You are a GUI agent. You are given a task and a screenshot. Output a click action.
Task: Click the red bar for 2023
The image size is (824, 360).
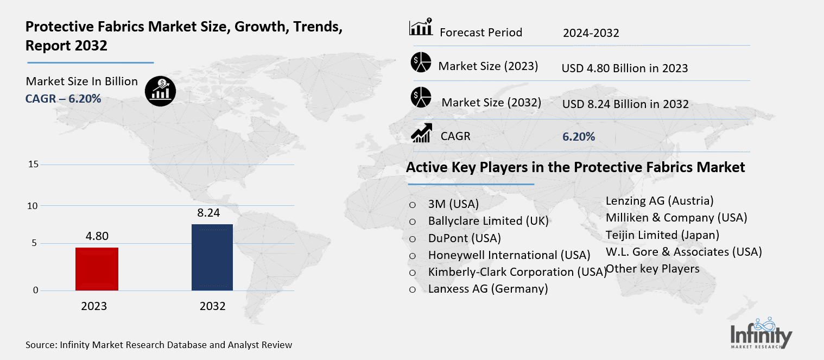[x=97, y=269]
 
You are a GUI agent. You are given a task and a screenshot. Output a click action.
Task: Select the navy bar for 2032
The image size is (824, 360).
[x=212, y=257]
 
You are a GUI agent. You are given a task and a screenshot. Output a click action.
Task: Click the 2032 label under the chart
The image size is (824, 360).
[x=212, y=306]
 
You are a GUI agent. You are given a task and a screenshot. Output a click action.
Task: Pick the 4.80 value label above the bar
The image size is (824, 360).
[x=97, y=236]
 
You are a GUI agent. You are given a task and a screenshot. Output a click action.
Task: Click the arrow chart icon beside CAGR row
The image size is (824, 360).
[x=421, y=133]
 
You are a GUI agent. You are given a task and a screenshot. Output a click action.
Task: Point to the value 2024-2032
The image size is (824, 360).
[x=591, y=34]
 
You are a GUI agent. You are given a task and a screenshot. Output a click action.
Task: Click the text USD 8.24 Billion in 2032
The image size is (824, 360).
[x=625, y=104]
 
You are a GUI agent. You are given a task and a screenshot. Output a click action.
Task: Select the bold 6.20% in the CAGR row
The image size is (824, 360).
[x=579, y=137]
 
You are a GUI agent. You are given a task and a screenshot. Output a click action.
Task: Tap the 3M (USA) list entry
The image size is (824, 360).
[x=453, y=204]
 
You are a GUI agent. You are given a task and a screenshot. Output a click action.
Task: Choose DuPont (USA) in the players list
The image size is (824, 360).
[x=464, y=238]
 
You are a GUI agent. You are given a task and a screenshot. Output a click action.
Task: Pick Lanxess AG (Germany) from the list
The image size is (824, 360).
[x=487, y=289]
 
